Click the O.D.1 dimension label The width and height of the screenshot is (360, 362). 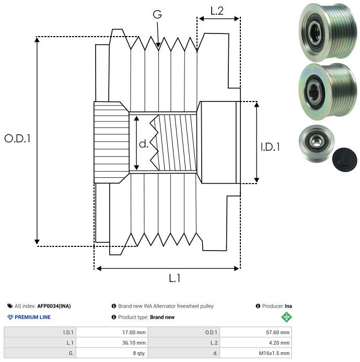pos(18,139)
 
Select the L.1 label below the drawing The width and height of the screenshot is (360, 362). pos(175,278)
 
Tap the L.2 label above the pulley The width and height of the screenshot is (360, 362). pos(217,10)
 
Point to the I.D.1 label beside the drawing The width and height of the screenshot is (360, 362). pos(270,148)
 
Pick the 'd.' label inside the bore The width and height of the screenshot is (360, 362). pos(144,144)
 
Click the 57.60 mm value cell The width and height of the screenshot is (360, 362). pos(277,332)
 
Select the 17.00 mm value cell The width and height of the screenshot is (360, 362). pos(133,332)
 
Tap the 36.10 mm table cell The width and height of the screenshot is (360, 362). pos(133,343)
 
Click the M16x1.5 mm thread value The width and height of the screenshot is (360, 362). pos(274,353)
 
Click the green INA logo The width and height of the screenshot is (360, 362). pos(287,316)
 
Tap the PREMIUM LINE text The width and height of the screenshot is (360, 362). pos(33,317)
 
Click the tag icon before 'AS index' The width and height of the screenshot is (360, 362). pos(10,306)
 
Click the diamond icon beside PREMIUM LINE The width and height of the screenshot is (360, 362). pos(10,317)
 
